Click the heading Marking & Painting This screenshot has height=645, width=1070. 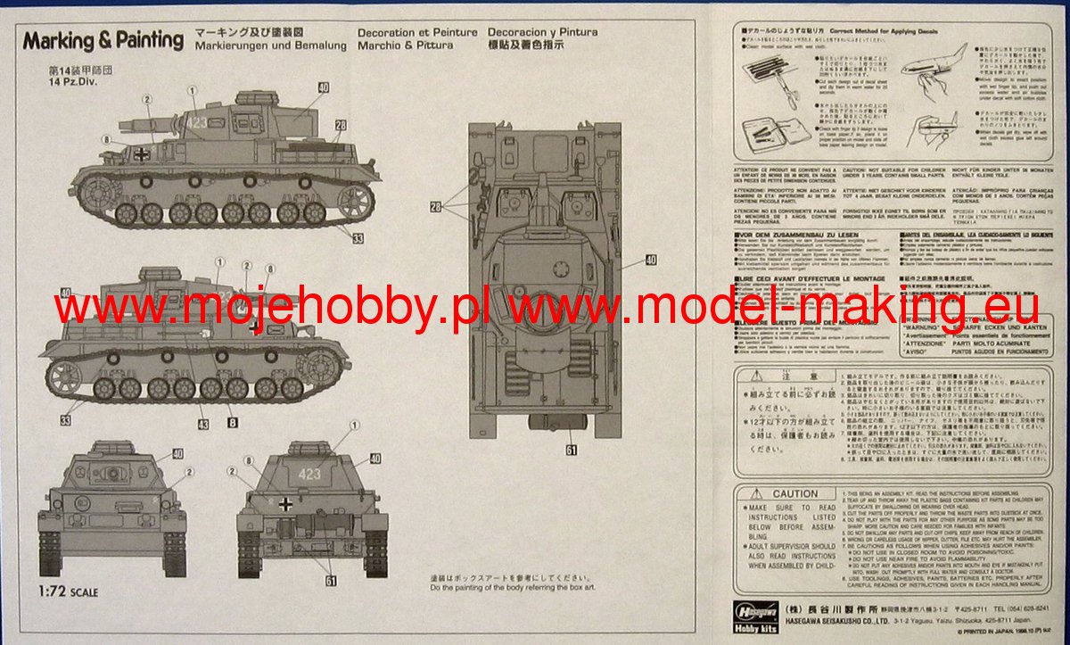point(103,40)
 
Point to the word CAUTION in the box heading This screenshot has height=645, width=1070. point(795,493)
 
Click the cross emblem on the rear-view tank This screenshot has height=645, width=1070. point(284,504)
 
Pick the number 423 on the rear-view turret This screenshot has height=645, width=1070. point(309,474)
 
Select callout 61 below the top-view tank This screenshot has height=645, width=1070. point(571,450)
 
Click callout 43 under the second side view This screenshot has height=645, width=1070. point(203,424)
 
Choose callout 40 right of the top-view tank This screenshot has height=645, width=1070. point(650,260)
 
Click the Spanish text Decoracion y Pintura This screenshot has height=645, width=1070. point(543,32)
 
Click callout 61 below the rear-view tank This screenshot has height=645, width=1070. point(331,581)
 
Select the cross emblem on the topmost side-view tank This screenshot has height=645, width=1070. point(142,154)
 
